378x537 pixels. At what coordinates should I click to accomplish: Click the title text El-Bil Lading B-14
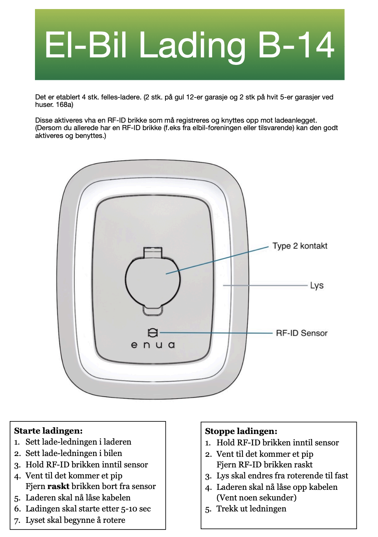pyautogui.click(x=189, y=45)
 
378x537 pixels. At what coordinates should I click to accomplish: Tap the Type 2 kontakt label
pyautogui.click(x=300, y=246)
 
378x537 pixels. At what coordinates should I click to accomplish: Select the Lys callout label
pyautogui.click(x=317, y=285)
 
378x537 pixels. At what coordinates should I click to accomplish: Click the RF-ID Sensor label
pyautogui.click(x=301, y=333)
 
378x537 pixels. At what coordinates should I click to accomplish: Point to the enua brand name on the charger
pyautogui.click(x=153, y=345)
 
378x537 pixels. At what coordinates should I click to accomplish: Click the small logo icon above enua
pyautogui.click(x=153, y=333)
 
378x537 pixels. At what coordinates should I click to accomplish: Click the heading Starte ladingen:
pyautogui.click(x=48, y=430)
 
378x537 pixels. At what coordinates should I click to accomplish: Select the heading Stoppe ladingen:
pyautogui.click(x=241, y=431)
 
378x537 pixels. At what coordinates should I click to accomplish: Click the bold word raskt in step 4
pyautogui.click(x=58, y=486)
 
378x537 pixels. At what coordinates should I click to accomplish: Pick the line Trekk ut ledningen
pyautogui.click(x=251, y=509)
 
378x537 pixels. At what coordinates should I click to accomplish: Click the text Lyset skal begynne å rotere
pyautogui.click(x=75, y=520)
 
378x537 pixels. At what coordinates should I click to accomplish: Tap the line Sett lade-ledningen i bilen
pyautogui.click(x=73, y=453)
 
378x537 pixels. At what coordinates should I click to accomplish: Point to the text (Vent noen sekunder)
pyautogui.click(x=256, y=498)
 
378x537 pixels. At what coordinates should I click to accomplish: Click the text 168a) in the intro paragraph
pyautogui.click(x=65, y=105)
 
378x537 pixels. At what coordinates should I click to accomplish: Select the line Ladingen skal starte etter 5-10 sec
pyautogui.click(x=88, y=509)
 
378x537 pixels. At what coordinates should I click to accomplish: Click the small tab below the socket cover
pyautogui.click(x=152, y=311)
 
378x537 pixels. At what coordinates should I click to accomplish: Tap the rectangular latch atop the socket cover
pyautogui.click(x=153, y=252)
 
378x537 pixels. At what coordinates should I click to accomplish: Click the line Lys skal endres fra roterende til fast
pyautogui.click(x=282, y=476)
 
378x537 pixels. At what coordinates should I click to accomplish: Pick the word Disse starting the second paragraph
pyautogui.click(x=44, y=120)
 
